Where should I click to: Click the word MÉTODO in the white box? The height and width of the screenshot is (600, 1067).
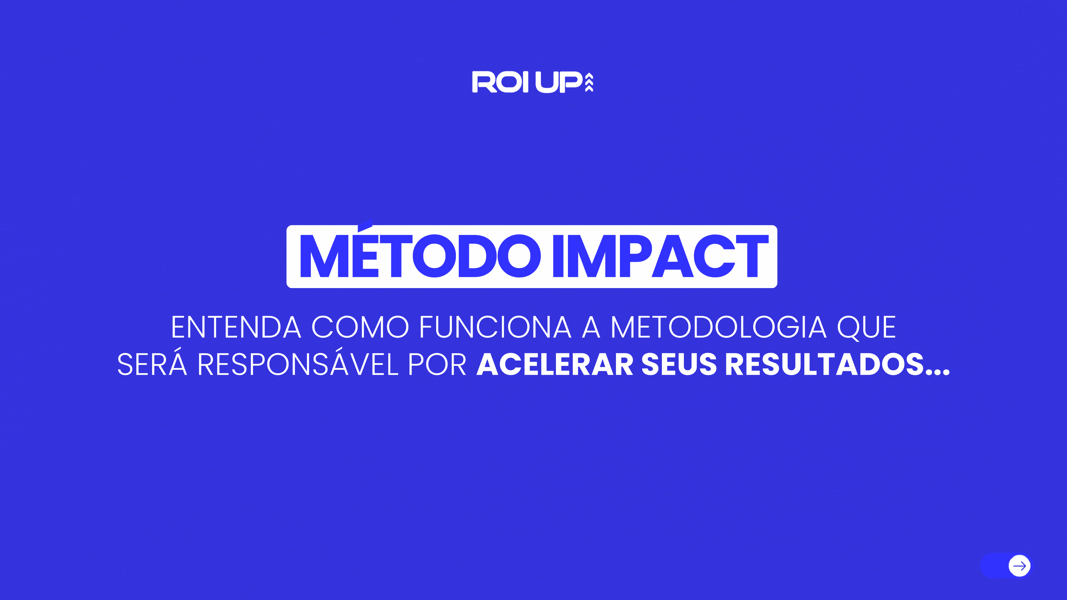pyautogui.click(x=419, y=256)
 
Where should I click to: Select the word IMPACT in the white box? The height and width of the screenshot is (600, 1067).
pyautogui.click(x=660, y=256)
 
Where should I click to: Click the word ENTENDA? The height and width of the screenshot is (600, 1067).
pyautogui.click(x=236, y=327)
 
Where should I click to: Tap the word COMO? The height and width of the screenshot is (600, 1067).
pyautogui.click(x=360, y=327)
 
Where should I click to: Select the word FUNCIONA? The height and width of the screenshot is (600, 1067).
pyautogui.click(x=495, y=327)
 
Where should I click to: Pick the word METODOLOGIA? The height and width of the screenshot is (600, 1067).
pyautogui.click(x=719, y=327)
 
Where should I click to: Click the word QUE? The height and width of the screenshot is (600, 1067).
pyautogui.click(x=867, y=327)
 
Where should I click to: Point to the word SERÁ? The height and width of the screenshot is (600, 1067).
pyautogui.click(x=152, y=364)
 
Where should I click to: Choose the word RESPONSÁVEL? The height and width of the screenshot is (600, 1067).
pyautogui.click(x=298, y=364)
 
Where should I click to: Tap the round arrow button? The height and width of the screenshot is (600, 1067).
pyautogui.click(x=1019, y=566)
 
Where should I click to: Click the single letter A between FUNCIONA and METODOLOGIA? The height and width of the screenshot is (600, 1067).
pyautogui.click(x=591, y=327)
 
